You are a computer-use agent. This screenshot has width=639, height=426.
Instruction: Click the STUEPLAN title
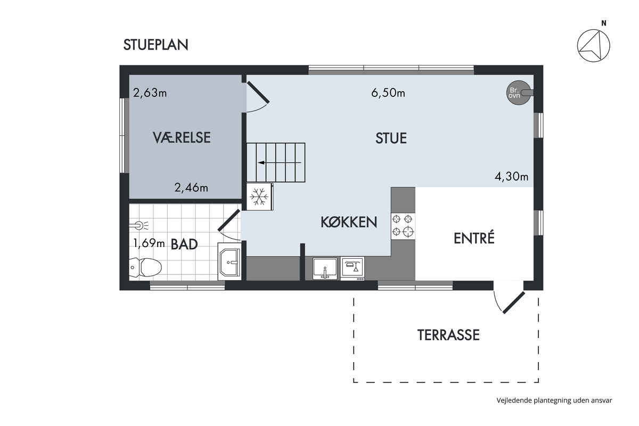click(x=155, y=45)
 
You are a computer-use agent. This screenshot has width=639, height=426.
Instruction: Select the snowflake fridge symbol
click(x=259, y=196)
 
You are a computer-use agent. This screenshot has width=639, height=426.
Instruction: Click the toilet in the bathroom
click(x=145, y=267)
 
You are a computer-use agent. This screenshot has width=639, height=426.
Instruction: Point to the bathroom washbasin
click(x=229, y=261)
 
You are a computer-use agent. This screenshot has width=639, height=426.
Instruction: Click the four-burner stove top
click(x=403, y=226)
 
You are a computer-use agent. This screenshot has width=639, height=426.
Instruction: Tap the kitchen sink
click(x=325, y=268)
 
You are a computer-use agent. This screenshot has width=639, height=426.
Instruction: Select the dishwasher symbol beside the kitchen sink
click(x=353, y=268)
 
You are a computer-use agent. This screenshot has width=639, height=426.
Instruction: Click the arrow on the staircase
click(x=280, y=162)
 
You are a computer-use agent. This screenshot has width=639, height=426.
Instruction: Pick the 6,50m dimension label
click(x=388, y=93)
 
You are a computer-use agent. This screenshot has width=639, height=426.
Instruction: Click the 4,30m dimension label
click(x=511, y=177)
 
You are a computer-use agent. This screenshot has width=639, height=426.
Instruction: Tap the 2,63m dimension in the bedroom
click(x=150, y=93)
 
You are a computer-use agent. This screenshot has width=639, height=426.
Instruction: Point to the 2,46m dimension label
click(x=191, y=188)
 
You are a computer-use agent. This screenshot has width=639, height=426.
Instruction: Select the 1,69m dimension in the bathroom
click(x=149, y=243)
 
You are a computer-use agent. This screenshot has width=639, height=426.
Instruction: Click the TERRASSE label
click(x=448, y=335)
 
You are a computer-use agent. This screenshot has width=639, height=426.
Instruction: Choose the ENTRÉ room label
click(x=474, y=238)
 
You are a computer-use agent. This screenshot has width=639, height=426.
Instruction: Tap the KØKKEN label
click(x=349, y=222)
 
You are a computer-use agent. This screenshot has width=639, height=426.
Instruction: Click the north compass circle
click(x=593, y=46)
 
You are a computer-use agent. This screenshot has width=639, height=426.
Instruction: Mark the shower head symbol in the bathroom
click(x=139, y=225)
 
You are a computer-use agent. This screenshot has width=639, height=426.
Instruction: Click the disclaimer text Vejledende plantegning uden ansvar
click(x=554, y=400)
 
